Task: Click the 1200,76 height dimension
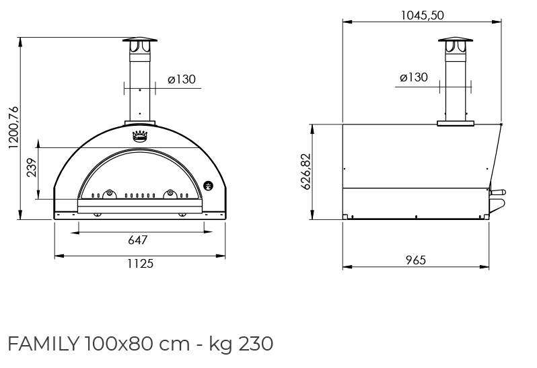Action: tap(13, 127)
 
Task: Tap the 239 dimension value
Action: tap(32, 168)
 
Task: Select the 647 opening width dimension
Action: tap(138, 240)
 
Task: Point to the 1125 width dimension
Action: tap(141, 264)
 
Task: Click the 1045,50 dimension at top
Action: tap(423, 15)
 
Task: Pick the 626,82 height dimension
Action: tap(306, 171)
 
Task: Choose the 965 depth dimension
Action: tap(416, 260)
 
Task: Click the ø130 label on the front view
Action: tap(182, 79)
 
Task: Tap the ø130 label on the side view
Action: tap(414, 77)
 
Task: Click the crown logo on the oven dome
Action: tap(140, 136)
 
